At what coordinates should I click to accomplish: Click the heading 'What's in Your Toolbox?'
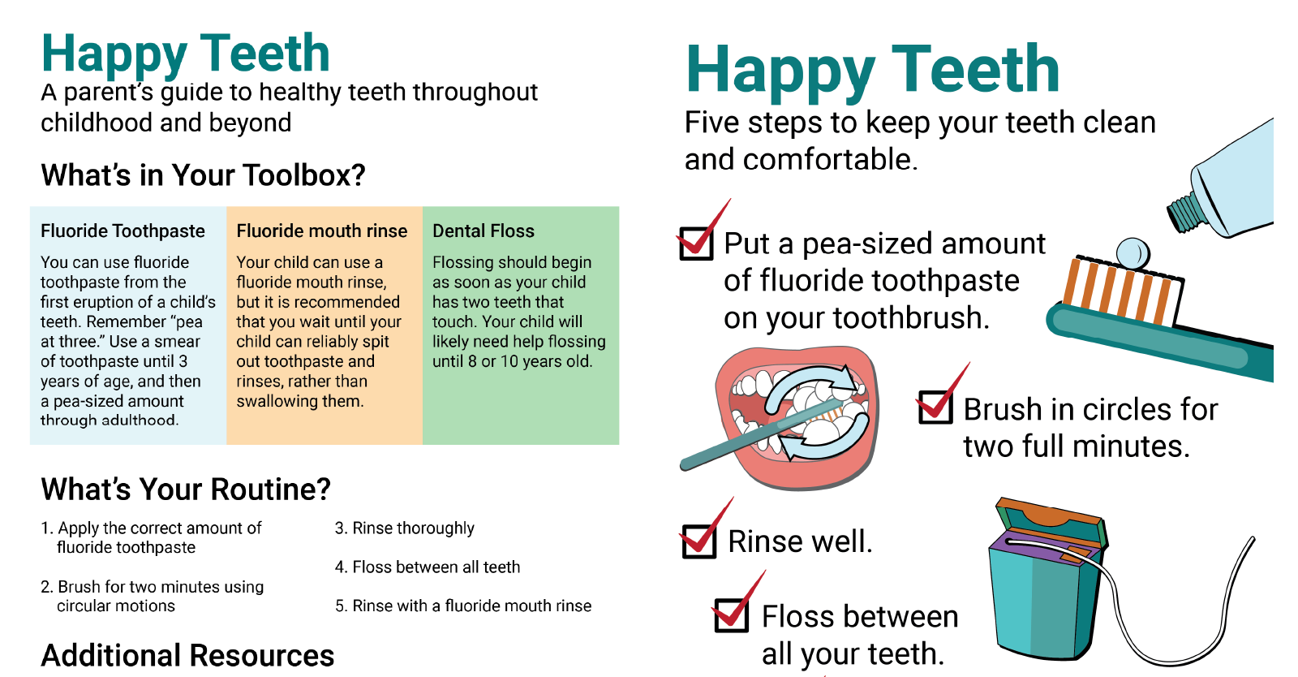(203, 175)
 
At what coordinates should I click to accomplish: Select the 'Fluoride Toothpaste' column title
(122, 231)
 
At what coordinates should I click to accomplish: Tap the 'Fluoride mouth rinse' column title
(321, 231)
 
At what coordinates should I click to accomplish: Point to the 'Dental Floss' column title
(483, 231)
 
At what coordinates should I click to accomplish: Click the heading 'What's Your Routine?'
(186, 489)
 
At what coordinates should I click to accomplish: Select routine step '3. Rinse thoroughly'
(405, 528)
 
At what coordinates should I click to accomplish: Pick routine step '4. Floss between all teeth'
(428, 567)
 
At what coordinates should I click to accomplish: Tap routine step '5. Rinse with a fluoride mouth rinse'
(463, 606)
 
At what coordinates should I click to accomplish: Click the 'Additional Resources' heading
(187, 656)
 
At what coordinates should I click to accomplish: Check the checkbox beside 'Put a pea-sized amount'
(696, 244)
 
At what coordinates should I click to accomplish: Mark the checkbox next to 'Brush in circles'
(935, 407)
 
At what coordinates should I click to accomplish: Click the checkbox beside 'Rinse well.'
(699, 541)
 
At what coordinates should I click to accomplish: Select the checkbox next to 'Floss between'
(731, 615)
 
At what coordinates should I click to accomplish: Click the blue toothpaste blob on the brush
(1133, 253)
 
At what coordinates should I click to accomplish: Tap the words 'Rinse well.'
(800, 541)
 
